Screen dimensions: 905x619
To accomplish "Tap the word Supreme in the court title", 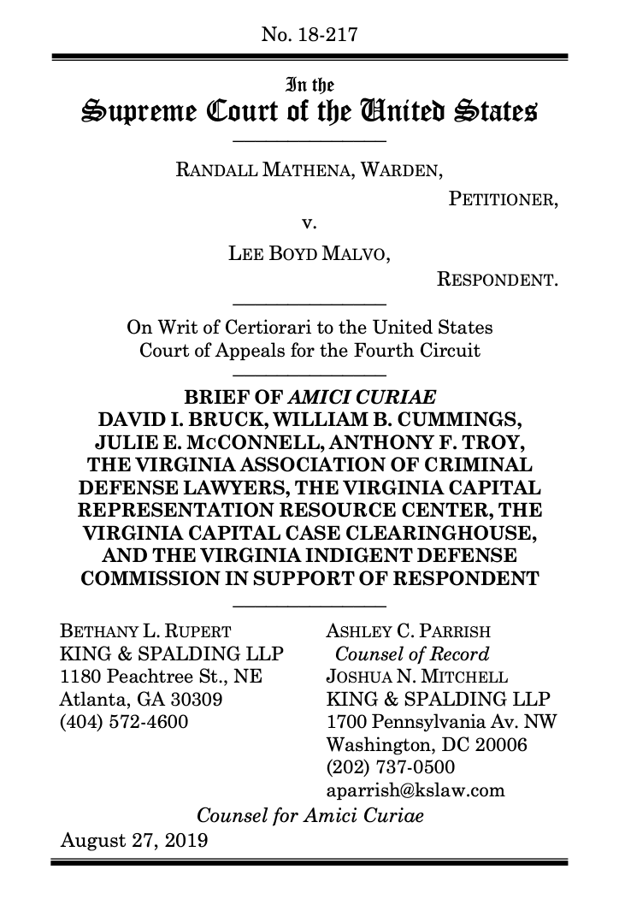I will pyautogui.click(x=138, y=112).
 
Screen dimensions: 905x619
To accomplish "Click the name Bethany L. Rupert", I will pyautogui.click(x=144, y=633).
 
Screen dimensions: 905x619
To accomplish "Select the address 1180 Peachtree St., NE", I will pyautogui.click(x=157, y=677).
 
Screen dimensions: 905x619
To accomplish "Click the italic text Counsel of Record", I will pyautogui.click(x=412, y=655).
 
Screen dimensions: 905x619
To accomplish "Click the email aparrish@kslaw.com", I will pyautogui.click(x=416, y=789).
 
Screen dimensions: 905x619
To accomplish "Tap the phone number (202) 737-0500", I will pyautogui.click(x=391, y=766).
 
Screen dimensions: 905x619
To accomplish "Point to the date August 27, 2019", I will pyautogui.click(x=134, y=839).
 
